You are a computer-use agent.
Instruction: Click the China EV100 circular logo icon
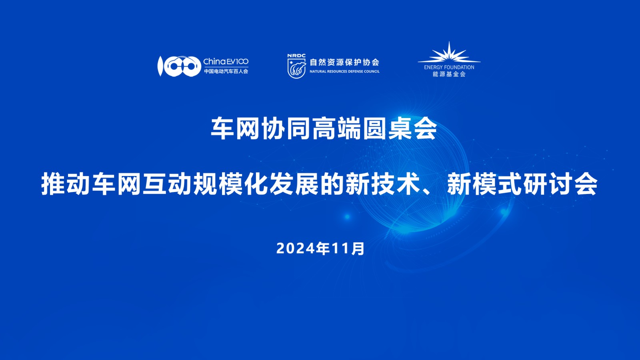click(180, 66)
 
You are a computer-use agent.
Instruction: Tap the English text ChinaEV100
click(226, 62)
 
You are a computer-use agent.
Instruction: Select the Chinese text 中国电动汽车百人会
click(226, 71)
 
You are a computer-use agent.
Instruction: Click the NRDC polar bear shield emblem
click(296, 68)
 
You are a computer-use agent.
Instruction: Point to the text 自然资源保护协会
click(344, 62)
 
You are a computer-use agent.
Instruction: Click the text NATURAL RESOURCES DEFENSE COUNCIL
click(344, 72)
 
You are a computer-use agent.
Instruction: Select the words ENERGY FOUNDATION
click(449, 68)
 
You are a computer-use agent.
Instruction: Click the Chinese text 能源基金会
click(449, 74)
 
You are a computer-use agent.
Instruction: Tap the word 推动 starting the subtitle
click(66, 184)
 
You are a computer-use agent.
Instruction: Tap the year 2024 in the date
click(295, 248)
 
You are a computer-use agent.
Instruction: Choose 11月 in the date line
click(348, 248)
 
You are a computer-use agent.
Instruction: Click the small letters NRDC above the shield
click(296, 56)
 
